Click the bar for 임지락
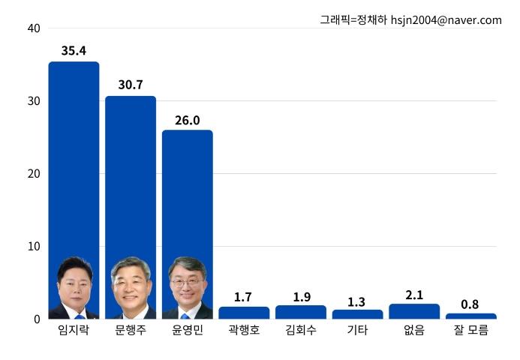click(74, 165)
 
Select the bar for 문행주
click(131, 180)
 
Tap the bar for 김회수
click(301, 312)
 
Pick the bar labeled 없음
click(414, 311)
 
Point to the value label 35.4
click(74, 51)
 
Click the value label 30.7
click(131, 85)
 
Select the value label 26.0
click(188, 120)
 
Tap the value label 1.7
click(243, 297)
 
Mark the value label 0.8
click(470, 304)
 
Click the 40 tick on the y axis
click(33, 28)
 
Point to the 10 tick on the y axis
click(33, 246)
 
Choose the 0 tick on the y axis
click(36, 319)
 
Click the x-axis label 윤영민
click(188, 330)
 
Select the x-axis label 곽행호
click(244, 330)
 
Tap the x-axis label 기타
click(357, 330)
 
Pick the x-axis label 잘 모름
click(470, 330)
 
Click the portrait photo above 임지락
click(74, 288)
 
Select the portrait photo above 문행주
click(131, 288)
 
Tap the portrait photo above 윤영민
click(188, 288)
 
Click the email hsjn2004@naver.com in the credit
click(446, 20)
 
